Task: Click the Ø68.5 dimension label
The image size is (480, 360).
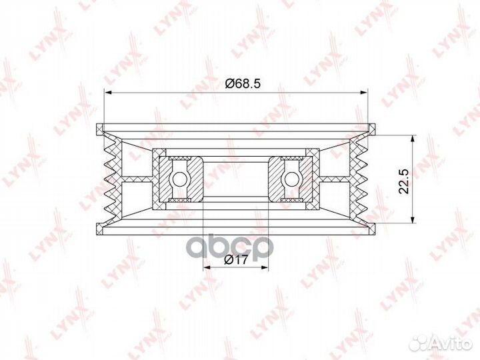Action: [x=243, y=83]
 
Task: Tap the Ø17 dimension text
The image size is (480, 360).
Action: [x=235, y=260]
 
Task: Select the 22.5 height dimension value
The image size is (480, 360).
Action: [x=404, y=181]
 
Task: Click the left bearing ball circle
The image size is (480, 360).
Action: [x=180, y=179]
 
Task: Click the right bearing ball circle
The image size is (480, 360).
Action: [x=292, y=179]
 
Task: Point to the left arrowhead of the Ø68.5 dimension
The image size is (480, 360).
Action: [x=107, y=92]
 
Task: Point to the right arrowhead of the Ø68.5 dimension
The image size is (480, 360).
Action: [x=364, y=92]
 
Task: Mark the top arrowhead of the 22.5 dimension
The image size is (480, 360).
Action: [x=413, y=138]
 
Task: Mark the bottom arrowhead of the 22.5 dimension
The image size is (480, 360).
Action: [x=413, y=219]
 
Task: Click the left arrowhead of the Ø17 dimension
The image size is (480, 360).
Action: [x=207, y=267]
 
